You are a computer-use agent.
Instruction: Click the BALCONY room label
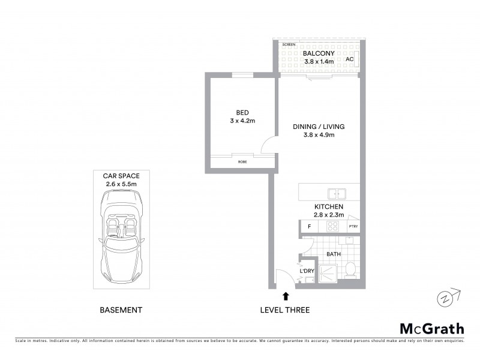(319, 53)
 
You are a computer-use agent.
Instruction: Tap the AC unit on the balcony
(356, 59)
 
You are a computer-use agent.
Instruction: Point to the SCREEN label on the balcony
(289, 45)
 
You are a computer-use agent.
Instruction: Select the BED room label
(242, 112)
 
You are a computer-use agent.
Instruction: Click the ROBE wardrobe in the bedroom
(242, 161)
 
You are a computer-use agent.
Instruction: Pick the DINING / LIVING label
(319, 127)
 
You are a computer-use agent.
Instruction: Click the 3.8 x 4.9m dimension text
(319, 135)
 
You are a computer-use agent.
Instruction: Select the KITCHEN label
(328, 206)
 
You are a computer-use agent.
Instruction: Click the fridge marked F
(309, 227)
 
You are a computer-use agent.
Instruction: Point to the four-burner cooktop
(333, 227)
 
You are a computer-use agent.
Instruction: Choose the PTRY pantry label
(353, 227)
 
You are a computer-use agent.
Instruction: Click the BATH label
(333, 254)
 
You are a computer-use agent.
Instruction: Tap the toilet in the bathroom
(350, 269)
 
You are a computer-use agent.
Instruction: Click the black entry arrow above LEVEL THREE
(285, 295)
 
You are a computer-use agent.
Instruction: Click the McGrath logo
(432, 328)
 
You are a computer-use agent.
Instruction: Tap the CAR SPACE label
(121, 176)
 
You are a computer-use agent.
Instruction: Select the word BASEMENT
(121, 310)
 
